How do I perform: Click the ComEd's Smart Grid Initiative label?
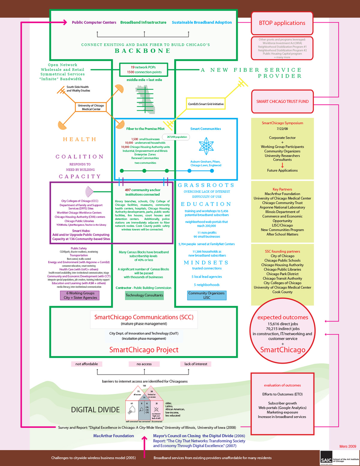tap(206, 103)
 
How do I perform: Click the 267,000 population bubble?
tap(177, 137)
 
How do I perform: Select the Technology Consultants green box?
tap(144, 295)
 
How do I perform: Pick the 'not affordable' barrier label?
tap(84, 364)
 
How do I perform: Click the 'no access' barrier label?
tap(144, 364)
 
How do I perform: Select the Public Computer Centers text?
tap(94, 22)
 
